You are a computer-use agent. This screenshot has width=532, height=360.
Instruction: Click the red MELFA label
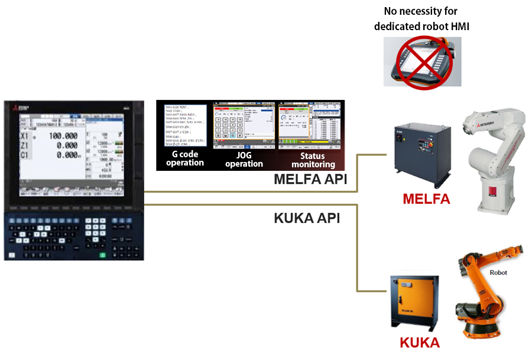click(426, 199)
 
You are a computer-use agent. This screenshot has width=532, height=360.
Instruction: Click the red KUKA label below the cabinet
click(420, 343)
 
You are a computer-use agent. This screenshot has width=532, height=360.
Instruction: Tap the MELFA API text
click(310, 180)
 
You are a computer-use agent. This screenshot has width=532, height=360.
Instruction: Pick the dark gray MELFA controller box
click(422, 155)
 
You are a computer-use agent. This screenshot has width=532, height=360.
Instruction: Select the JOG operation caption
click(244, 160)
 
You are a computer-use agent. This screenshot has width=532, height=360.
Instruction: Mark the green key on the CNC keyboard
click(102, 255)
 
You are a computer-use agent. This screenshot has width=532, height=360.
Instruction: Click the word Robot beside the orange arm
click(498, 273)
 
